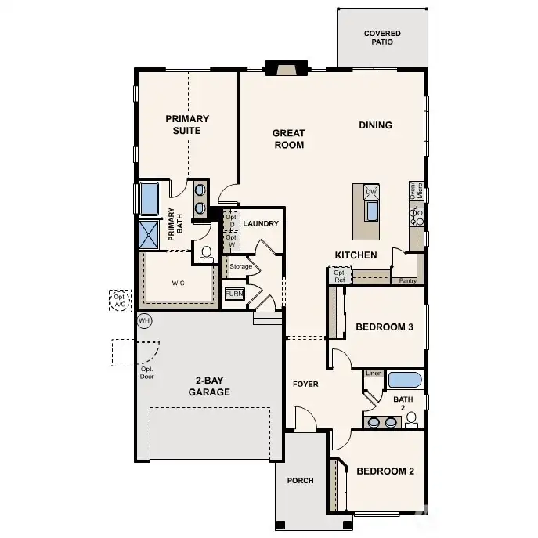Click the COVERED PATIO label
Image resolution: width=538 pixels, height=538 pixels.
click(382, 38)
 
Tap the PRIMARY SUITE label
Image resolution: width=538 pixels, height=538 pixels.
click(187, 125)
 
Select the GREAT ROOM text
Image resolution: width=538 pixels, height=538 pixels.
click(288, 139)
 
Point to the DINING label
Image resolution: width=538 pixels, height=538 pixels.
click(375, 125)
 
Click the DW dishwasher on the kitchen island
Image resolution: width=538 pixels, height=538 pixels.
click(371, 192)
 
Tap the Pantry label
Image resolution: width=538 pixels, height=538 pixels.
click(407, 280)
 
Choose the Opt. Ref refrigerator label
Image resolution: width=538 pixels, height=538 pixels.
click(339, 276)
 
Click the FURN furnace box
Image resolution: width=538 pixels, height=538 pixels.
click(234, 294)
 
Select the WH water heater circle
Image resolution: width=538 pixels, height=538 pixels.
click(144, 320)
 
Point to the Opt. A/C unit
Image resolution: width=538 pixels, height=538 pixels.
click(120, 301)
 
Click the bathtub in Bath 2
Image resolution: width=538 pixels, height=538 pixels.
click(405, 381)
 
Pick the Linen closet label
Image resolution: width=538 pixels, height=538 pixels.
click(374, 374)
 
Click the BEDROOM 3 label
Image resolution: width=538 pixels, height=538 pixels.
click(384, 327)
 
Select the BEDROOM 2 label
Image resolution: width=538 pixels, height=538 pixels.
click(385, 471)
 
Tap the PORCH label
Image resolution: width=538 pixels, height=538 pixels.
click(301, 481)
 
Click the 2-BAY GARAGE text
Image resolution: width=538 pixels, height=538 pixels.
click(208, 386)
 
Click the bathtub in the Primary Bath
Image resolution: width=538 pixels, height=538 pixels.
click(149, 199)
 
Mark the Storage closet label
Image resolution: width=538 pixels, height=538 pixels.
click(241, 267)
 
